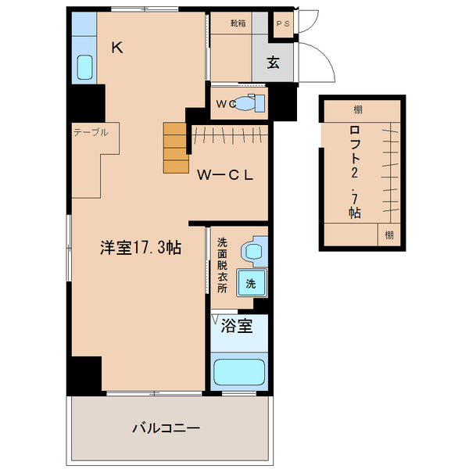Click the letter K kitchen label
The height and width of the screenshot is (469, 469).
(x=116, y=48)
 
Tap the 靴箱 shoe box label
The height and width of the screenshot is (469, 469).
(x=238, y=23)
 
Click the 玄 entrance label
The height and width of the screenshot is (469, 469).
(x=274, y=63)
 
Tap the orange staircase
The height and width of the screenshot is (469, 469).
(x=176, y=148)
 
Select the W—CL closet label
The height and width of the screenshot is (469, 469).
(x=224, y=175)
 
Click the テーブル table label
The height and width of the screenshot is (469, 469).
(x=91, y=132)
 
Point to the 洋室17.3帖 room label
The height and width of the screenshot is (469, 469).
(x=140, y=248)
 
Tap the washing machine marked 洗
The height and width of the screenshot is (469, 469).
(x=251, y=284)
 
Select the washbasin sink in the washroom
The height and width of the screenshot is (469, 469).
(x=254, y=251)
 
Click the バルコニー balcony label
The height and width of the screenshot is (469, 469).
(x=166, y=428)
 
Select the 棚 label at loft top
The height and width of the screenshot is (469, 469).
(x=357, y=110)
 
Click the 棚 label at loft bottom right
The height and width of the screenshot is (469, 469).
(x=388, y=234)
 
